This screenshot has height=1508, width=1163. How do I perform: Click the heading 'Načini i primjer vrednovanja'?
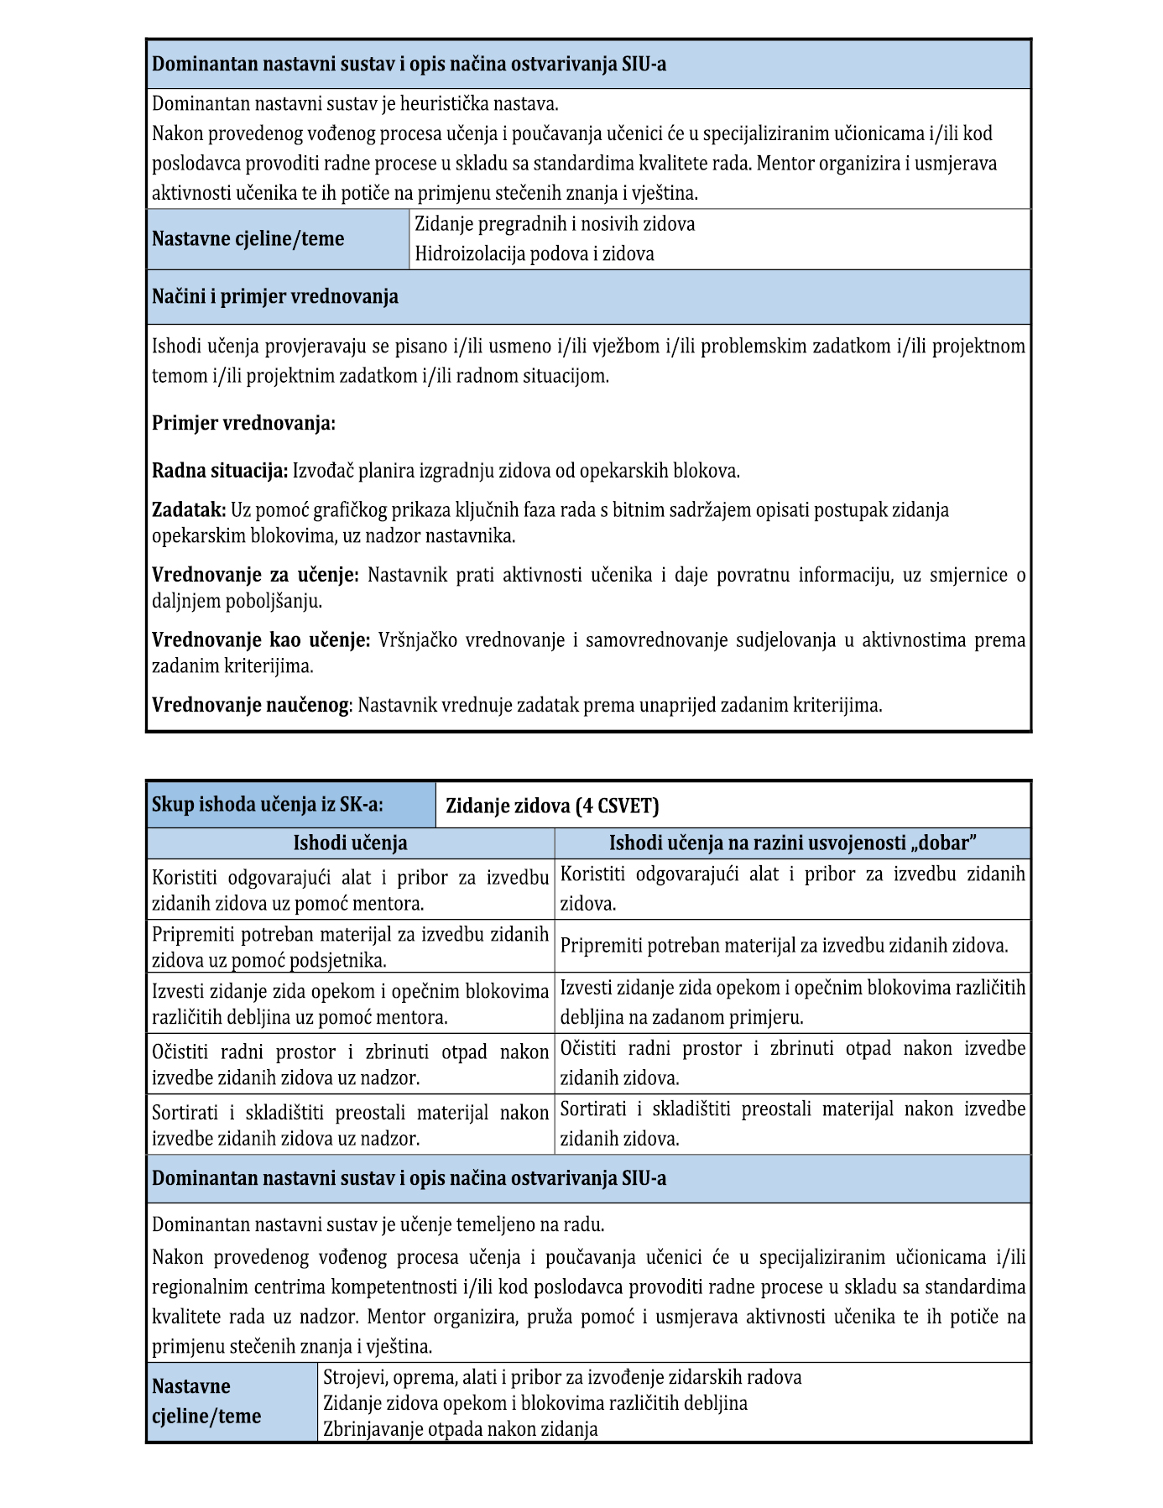coord(275,297)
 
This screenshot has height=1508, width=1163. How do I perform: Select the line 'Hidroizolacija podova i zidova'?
coord(535,254)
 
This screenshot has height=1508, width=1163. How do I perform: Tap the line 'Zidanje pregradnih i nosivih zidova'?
coord(555,224)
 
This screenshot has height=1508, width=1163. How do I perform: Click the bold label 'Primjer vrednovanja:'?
coord(243,423)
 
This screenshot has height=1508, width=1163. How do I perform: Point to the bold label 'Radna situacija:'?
coord(220,471)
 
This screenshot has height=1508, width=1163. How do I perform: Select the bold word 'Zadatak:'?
coord(189,510)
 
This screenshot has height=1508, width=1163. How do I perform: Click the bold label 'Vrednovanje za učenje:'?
coord(255,576)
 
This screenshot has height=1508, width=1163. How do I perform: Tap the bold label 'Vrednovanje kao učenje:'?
coord(261,640)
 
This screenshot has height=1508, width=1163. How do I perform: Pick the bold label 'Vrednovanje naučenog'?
coord(250,705)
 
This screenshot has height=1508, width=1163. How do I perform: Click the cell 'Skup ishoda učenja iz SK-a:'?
coord(268,805)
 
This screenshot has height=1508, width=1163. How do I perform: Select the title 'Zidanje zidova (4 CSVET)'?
coord(552,806)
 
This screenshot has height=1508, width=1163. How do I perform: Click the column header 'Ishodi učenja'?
coord(350,843)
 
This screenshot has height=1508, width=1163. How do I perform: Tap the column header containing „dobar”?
coord(793,843)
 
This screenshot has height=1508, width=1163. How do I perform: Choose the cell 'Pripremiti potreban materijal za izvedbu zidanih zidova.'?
coord(784,946)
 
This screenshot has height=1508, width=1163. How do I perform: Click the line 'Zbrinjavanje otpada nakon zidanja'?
coord(461,1429)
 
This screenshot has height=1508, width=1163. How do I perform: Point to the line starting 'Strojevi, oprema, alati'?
coord(562,1377)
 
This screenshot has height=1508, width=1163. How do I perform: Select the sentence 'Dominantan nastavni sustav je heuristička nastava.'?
coord(355,104)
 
